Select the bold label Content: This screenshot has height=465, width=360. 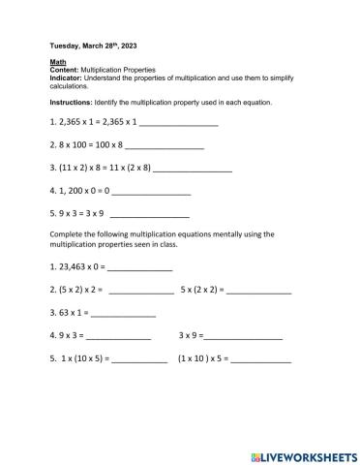click(x=64, y=71)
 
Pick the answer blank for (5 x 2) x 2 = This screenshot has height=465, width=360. click(x=141, y=291)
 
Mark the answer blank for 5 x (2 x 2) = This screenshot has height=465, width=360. click(x=259, y=291)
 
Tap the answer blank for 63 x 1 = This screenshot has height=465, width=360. click(x=124, y=315)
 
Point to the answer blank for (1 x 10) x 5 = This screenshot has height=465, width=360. click(x=260, y=360)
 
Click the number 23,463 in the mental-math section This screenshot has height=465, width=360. click(x=74, y=266)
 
